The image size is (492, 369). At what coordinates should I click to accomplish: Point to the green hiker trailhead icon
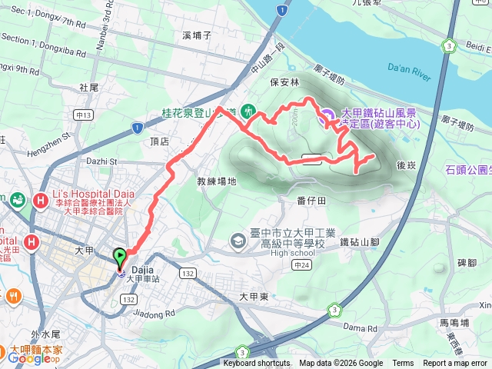pyautogui.click(x=248, y=111)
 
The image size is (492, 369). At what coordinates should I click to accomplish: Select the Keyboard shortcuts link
pyautogui.click(x=257, y=364)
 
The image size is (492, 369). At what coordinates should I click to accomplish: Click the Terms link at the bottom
pyautogui.click(x=403, y=364)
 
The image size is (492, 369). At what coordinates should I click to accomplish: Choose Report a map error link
pyautogui.click(x=455, y=364)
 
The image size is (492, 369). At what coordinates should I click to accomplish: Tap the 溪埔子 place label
pyautogui.click(x=197, y=35)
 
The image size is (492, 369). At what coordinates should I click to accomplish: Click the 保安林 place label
pyautogui.click(x=284, y=81)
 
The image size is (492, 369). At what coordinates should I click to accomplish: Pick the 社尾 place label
pyautogui.click(x=89, y=88)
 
